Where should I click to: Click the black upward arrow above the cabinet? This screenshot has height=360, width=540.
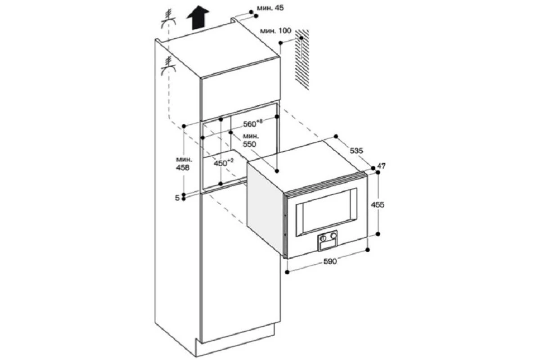[198, 18]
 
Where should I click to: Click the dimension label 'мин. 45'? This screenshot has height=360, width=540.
[270, 8]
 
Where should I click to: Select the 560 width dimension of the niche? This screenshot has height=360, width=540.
[252, 123]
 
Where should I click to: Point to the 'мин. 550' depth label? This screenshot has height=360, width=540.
[251, 140]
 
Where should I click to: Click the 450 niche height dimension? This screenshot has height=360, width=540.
[224, 163]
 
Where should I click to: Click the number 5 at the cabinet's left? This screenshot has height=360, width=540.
[177, 198]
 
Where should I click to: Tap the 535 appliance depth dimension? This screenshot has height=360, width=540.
[356, 151]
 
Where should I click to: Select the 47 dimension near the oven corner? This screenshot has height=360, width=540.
[382, 166]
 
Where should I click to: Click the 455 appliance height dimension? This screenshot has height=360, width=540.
[378, 205]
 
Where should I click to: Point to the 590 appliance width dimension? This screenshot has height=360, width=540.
[330, 261]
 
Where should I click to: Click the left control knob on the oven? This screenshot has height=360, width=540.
[323, 238]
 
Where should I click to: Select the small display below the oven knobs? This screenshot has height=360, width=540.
[328, 246]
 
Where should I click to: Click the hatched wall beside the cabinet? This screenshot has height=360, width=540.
[302, 59]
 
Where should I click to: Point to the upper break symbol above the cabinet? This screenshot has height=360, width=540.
[168, 19]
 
